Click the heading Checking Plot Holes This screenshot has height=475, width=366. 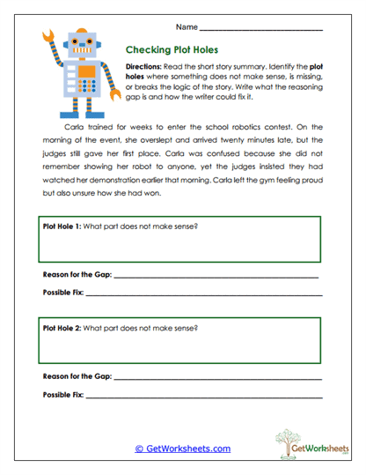(172, 50)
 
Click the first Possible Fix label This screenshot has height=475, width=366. (64, 293)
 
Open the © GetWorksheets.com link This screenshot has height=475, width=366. (183, 449)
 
